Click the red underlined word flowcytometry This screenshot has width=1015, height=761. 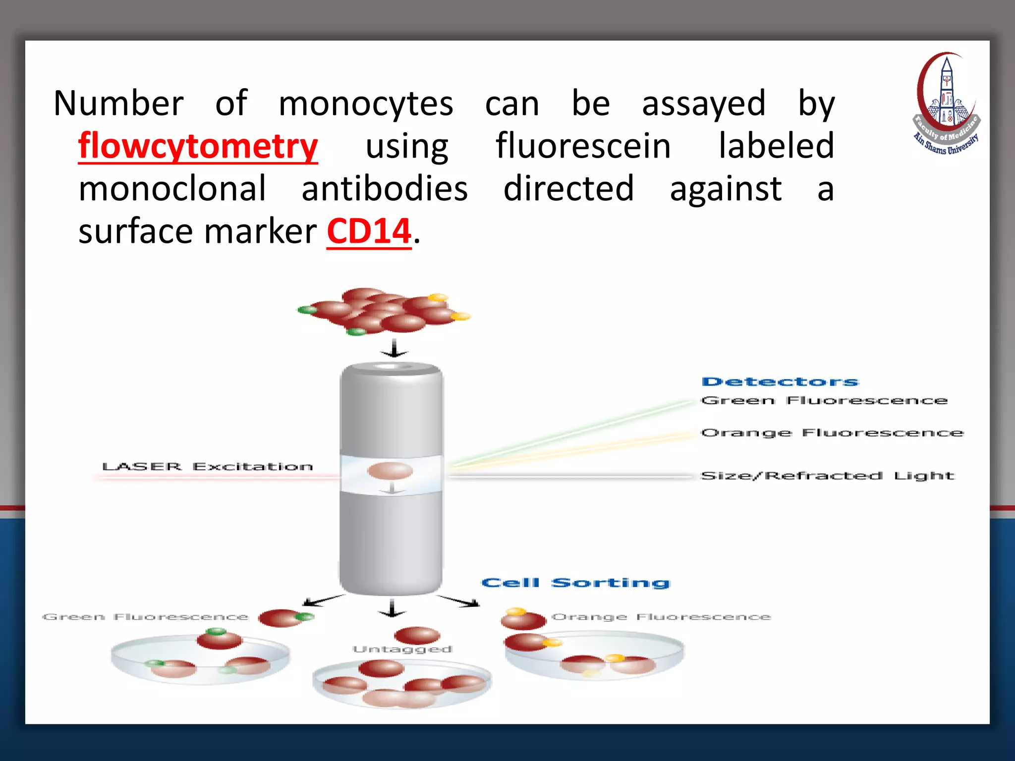[198, 146]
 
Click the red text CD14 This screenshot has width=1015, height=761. [369, 231]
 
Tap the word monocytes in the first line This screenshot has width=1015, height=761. [366, 104]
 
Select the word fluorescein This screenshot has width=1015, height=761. [583, 146]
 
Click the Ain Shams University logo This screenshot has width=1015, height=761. [946, 104]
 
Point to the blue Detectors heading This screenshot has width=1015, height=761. [780, 381]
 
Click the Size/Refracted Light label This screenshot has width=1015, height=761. [827, 476]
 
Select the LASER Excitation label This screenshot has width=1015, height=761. [207, 467]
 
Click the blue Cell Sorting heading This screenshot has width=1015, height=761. [575, 583]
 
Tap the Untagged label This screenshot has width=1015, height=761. [402, 649]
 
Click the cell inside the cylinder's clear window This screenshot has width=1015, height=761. [390, 470]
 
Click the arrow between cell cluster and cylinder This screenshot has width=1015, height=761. [394, 348]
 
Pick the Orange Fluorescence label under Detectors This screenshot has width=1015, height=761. [832, 433]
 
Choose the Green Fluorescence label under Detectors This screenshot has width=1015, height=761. [824, 400]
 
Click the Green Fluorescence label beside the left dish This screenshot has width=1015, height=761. [145, 617]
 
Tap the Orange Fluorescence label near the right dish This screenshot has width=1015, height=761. [661, 617]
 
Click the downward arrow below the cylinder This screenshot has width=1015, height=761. [392, 608]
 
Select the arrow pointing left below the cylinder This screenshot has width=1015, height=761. [322, 600]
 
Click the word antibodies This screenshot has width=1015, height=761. [385, 189]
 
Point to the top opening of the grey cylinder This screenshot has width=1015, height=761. [392, 367]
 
